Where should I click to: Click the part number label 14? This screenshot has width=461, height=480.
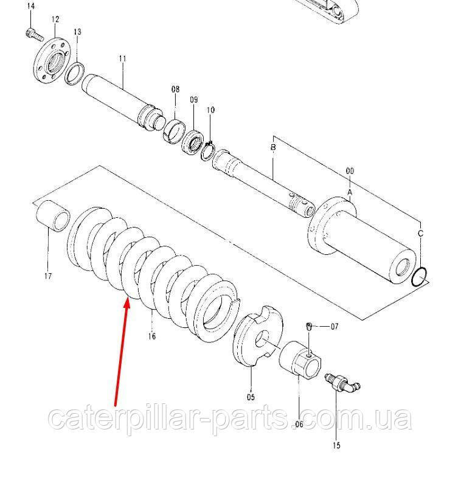[x=30, y=7]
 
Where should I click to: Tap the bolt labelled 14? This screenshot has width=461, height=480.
[x=34, y=34]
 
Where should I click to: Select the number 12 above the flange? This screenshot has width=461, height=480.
[x=55, y=19]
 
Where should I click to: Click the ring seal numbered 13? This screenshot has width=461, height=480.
[x=74, y=74]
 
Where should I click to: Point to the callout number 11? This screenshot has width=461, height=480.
[x=122, y=58]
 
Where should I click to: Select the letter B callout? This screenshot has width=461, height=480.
[x=273, y=147]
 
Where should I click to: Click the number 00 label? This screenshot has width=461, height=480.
[x=350, y=171]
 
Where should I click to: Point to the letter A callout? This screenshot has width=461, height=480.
[x=350, y=192]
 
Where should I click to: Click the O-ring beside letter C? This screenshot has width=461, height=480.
[x=420, y=277]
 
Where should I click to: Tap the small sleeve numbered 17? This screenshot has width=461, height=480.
[x=53, y=216]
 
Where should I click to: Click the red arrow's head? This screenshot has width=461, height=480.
[x=127, y=304]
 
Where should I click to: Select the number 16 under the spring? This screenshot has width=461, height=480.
[x=152, y=336]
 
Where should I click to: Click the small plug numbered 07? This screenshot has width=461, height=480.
[x=308, y=327]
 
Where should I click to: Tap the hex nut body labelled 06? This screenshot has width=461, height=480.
[x=300, y=360]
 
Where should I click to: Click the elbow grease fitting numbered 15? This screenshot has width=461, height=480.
[x=342, y=383]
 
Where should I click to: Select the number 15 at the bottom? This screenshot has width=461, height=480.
[x=336, y=445]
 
